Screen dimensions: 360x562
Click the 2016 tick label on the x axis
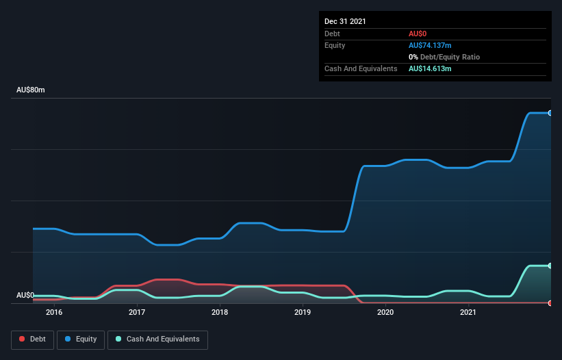coord(54,313)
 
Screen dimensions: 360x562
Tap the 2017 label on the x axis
coord(137,313)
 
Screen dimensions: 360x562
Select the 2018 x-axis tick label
coord(220,313)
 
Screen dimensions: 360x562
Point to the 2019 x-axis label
coord(303,313)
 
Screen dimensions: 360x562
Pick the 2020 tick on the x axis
coord(385,313)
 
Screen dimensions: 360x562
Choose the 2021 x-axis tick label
coord(468,313)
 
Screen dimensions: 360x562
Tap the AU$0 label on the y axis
coord(25,296)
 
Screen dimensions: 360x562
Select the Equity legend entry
coord(80,339)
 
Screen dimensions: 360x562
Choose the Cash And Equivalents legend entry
coord(157,339)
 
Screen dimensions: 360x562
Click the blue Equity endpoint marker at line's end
coord(550,113)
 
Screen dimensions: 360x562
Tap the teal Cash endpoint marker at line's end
coord(550,266)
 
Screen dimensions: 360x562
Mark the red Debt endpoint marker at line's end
coord(550,303)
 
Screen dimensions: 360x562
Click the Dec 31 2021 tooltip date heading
coord(345,21)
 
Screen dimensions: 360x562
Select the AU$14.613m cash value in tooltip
coord(430,69)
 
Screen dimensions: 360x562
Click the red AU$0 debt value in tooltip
coord(419,34)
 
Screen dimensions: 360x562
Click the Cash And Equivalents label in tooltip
coord(361,69)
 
